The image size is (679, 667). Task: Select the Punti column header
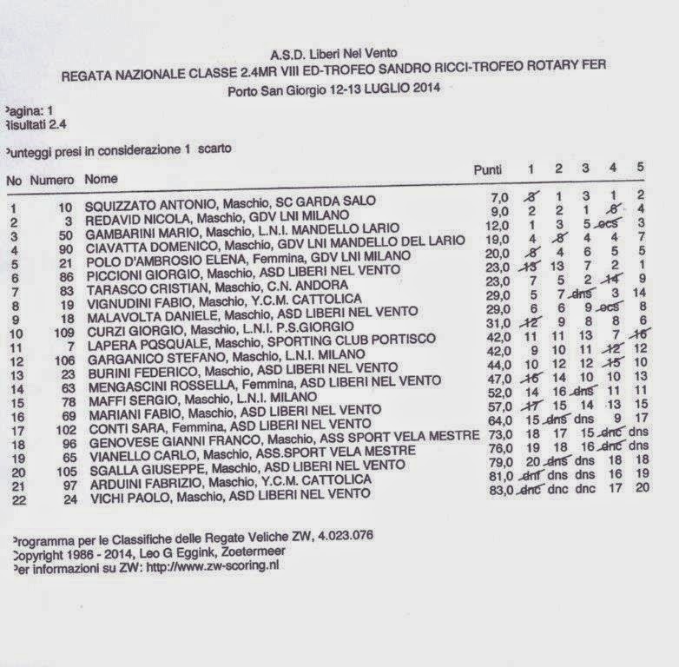pos(487,170)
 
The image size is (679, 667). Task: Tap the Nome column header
pos(101,180)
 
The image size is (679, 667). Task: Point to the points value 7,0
pos(499,198)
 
